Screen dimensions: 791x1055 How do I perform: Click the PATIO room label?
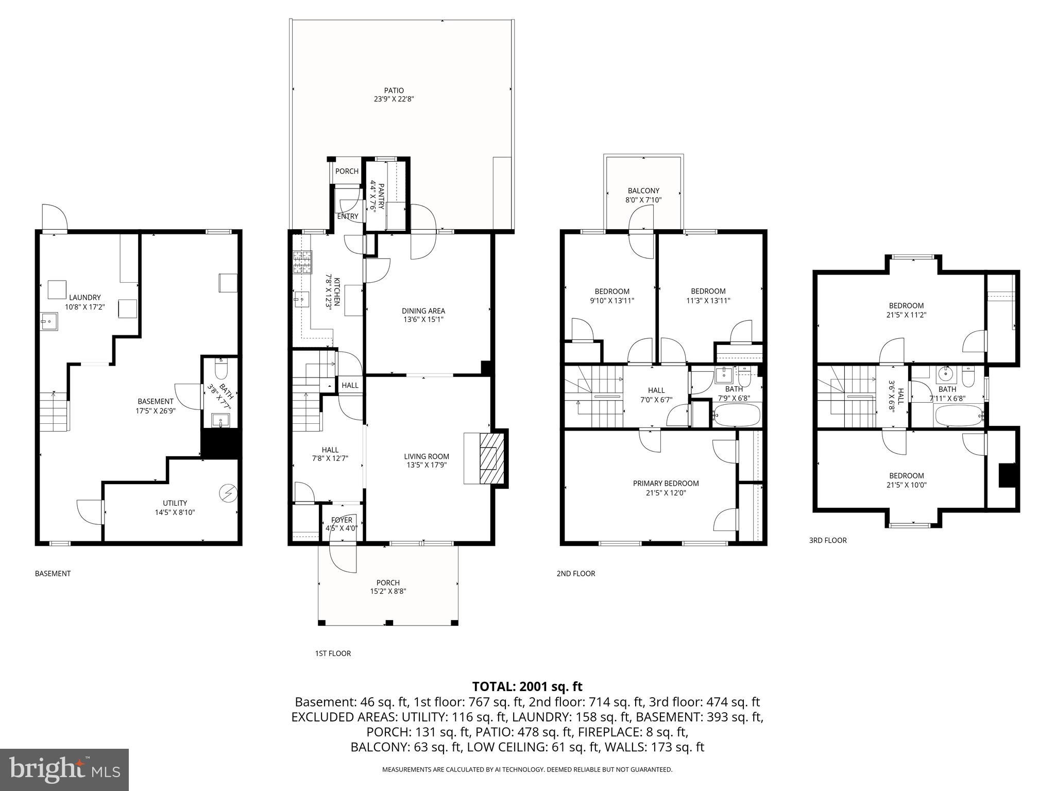[x=394, y=91]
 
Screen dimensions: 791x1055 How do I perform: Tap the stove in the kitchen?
[x=302, y=262]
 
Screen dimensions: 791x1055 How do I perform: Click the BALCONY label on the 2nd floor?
[x=643, y=191]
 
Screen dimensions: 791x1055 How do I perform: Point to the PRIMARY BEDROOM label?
[x=666, y=483]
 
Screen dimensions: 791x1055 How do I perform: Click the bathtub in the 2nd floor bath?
[x=737, y=415]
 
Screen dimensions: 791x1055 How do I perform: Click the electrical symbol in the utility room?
[x=227, y=493]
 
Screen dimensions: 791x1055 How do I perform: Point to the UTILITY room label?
[x=175, y=503]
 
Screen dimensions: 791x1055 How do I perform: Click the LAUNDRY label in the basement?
[x=84, y=297]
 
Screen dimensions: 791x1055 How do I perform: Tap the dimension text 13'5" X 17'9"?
[x=426, y=466]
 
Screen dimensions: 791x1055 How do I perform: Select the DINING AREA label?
[x=423, y=311]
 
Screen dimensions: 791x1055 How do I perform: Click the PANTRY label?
[x=382, y=195]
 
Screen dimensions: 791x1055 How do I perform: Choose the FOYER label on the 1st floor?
[x=342, y=520]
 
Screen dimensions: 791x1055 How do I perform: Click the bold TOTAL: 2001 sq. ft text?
[x=527, y=686]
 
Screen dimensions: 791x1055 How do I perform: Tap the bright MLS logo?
[x=64, y=769]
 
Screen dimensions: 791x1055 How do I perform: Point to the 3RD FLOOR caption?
[x=827, y=540]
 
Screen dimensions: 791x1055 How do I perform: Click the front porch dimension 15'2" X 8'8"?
[x=388, y=592]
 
